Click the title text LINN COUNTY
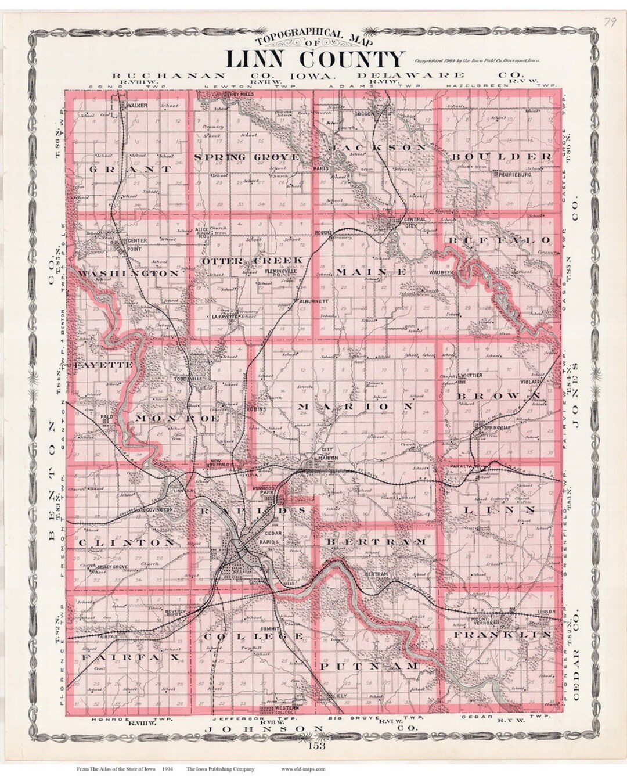(x=313, y=59)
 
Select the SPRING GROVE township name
(x=247, y=157)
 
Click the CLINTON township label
(x=125, y=542)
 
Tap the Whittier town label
(x=470, y=376)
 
